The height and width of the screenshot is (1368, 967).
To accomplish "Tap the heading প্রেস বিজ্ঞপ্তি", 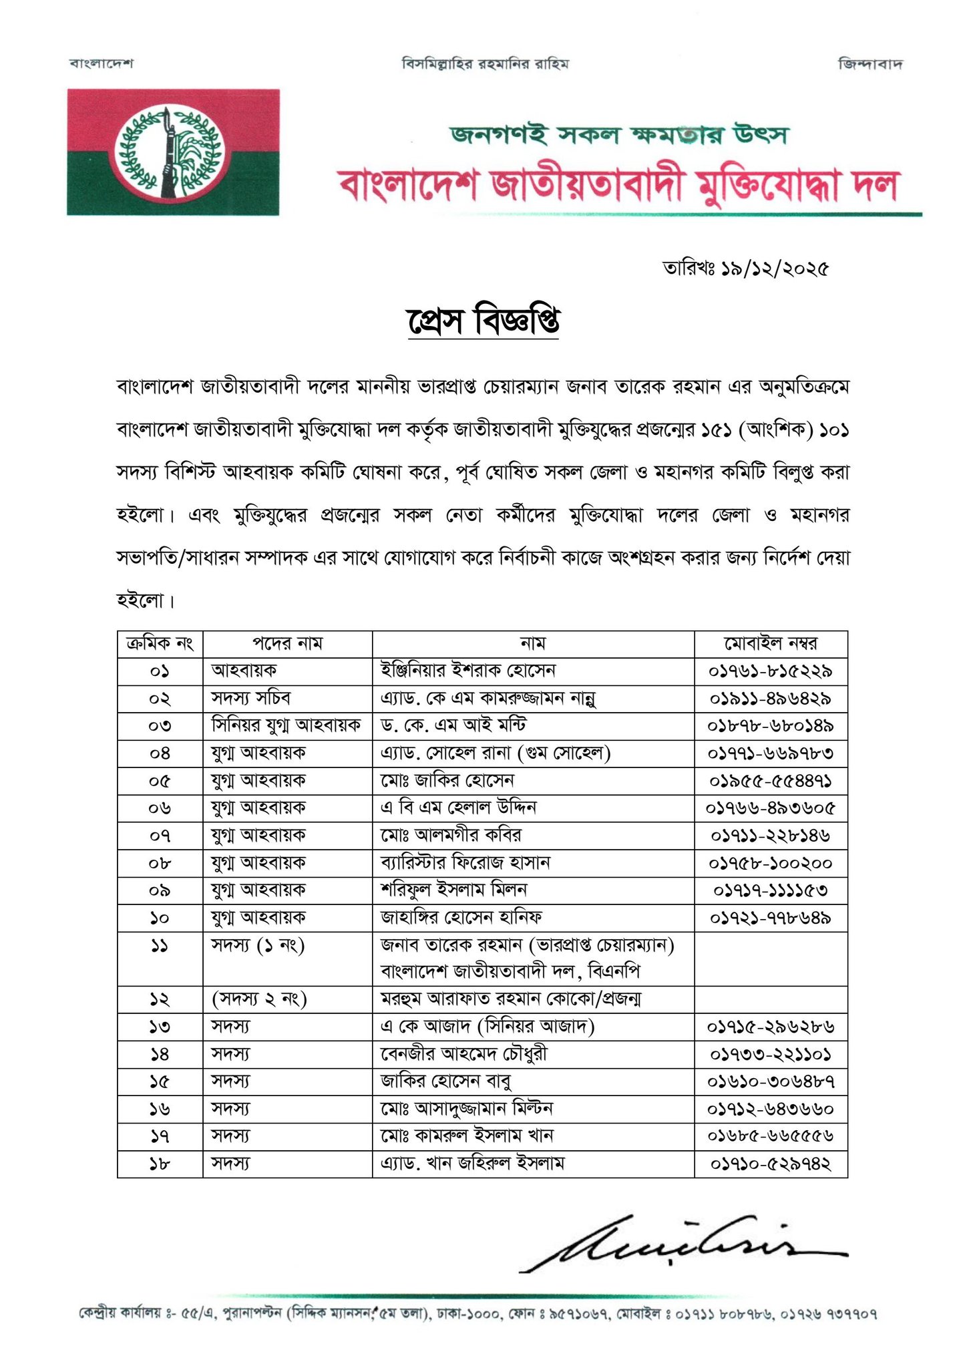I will click(x=483, y=321).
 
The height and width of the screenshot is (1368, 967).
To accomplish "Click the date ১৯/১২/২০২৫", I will click(x=774, y=269).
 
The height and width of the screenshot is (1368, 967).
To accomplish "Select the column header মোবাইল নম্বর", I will click(x=771, y=644).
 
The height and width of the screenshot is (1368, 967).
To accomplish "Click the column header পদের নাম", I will click(x=287, y=644).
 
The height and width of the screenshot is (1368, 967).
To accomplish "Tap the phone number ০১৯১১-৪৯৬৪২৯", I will click(x=771, y=699).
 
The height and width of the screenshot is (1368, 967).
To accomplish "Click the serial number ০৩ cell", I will click(x=160, y=726).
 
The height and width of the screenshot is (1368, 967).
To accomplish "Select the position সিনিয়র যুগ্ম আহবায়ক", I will click(x=286, y=725).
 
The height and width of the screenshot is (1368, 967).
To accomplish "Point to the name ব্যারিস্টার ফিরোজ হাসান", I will click(x=465, y=863).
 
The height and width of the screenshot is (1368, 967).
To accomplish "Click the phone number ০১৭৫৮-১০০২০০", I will click(x=771, y=864).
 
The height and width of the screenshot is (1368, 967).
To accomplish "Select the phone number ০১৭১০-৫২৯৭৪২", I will click(x=771, y=1164).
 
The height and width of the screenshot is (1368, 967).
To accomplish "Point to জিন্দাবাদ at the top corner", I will click(x=870, y=64).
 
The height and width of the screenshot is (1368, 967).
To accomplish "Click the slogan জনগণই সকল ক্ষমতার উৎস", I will click(x=618, y=134).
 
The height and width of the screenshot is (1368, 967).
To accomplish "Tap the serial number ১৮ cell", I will click(x=160, y=1164).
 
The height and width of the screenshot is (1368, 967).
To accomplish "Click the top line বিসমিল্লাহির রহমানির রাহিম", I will click(x=485, y=64).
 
